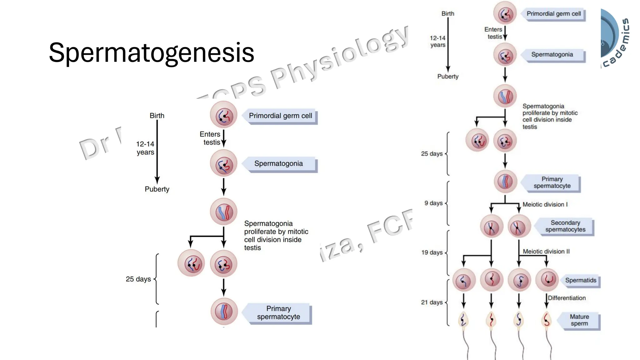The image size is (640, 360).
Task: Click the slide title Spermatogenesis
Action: pyautogui.click(x=152, y=52)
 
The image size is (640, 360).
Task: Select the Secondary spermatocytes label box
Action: pyautogui.click(x=565, y=226)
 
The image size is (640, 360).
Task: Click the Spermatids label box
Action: pyautogui.click(x=580, y=280)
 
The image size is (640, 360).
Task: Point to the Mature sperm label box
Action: pyautogui.click(x=579, y=320)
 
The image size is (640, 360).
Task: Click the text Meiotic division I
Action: pyautogui.click(x=545, y=204)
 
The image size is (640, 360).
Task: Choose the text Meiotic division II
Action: pyautogui.click(x=546, y=252)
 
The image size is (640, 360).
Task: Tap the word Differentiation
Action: pyautogui.click(x=567, y=298)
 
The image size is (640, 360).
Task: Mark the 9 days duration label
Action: pyautogui.click(x=433, y=203)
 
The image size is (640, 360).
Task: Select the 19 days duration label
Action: pyautogui.click(x=432, y=252)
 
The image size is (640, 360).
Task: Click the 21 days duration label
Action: pyautogui.click(x=432, y=302)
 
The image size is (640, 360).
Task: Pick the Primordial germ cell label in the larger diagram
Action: pyautogui.click(x=280, y=116)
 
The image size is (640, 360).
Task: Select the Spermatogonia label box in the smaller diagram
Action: pyautogui.click(x=552, y=55)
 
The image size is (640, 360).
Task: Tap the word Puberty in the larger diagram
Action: pyautogui.click(x=157, y=189)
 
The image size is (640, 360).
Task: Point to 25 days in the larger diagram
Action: pyautogui.click(x=138, y=279)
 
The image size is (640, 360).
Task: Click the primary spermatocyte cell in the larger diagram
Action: pyautogui.click(x=224, y=312)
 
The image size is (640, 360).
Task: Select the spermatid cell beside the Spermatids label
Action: pyautogui.click(x=547, y=279)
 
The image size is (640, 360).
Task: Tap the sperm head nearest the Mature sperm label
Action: pyautogui.click(x=546, y=320)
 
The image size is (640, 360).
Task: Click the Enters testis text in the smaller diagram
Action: pyautogui.click(x=493, y=33)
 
